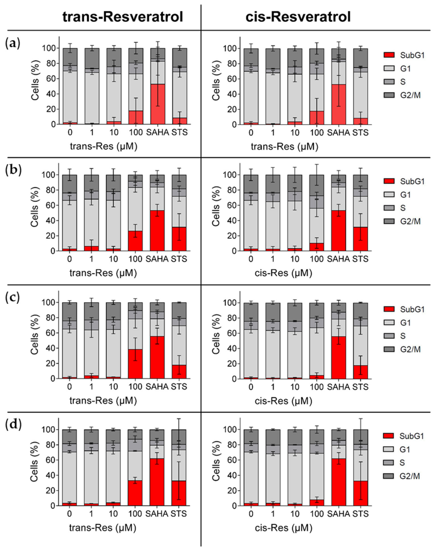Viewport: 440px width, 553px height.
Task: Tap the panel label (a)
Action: click(13, 44)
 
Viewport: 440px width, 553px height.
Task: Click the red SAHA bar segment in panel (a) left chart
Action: click(158, 104)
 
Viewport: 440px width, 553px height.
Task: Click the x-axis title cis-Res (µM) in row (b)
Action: click(283, 273)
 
